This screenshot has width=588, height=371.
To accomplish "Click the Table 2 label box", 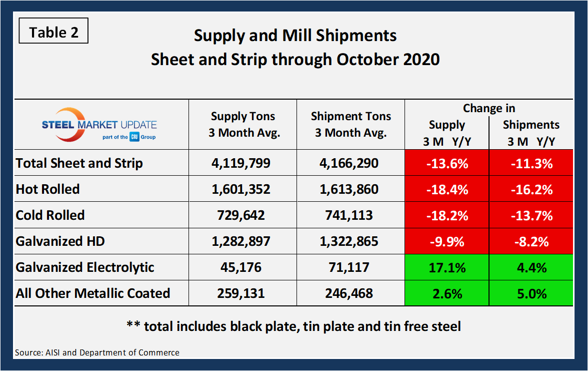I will click(53, 32).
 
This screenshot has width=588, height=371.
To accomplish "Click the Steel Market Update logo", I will click(99, 125).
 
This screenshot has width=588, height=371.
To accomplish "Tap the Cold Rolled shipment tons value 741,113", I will click(350, 215).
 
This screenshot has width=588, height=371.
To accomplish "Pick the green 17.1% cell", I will click(446, 267).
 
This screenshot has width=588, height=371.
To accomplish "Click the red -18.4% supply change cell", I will click(446, 189).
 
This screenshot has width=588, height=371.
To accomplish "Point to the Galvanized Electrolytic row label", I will click(85, 267).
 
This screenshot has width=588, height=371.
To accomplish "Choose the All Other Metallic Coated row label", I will click(93, 293).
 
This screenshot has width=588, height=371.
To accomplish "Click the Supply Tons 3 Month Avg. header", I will click(242, 125).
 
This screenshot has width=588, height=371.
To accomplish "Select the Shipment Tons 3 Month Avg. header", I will click(350, 125).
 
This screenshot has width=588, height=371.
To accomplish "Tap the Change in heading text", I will click(488, 108).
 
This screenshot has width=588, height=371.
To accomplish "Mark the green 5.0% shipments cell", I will click(530, 293).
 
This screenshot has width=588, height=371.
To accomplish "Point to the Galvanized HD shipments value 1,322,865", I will click(350, 241).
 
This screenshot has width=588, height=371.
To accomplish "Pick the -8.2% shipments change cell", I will click(530, 241).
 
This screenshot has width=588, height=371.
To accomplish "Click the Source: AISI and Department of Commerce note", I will click(97, 352).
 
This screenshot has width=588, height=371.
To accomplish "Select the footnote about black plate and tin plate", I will click(293, 326).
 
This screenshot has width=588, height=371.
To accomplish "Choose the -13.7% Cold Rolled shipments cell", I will click(530, 215).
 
